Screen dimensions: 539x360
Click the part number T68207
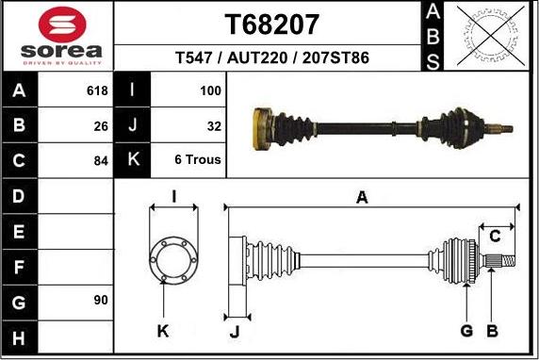[x=272, y=25]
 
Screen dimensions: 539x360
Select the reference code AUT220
[x=255, y=58]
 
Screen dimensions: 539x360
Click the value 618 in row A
[x=97, y=91]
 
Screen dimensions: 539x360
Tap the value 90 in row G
[x=101, y=300]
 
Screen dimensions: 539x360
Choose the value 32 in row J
[x=214, y=124]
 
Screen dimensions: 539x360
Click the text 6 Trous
[x=198, y=159]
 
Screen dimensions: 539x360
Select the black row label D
[x=20, y=196]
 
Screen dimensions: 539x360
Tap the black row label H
[x=20, y=335]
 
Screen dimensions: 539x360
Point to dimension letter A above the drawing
[x=362, y=196]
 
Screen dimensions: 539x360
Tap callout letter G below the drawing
[x=466, y=330]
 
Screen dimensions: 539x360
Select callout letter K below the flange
[x=163, y=330]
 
